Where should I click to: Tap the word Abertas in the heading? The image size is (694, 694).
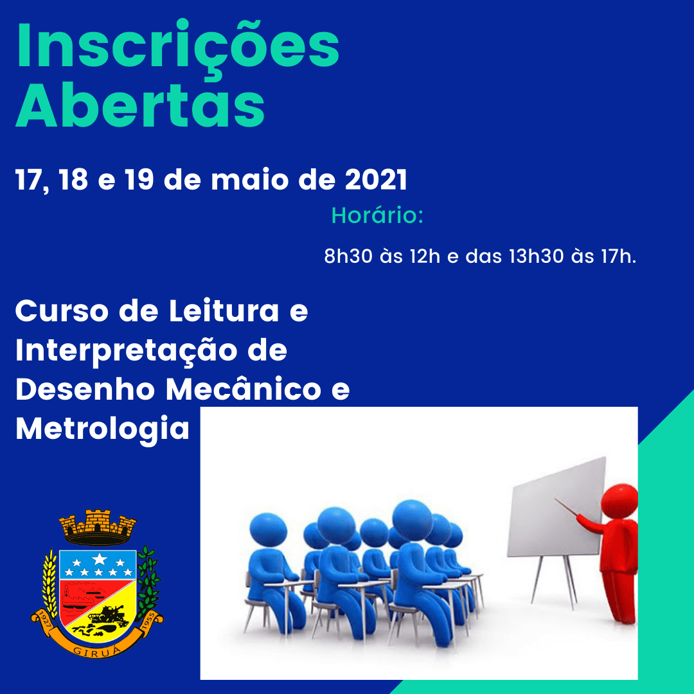click(x=140, y=105)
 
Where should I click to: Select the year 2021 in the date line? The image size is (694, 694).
click(x=376, y=180)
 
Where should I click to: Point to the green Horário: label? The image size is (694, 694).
click(x=377, y=215)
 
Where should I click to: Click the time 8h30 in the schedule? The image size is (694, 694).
click(x=348, y=256)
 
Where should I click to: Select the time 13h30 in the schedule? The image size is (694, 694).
click(x=536, y=256)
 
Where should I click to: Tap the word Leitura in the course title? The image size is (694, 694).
click(x=224, y=311)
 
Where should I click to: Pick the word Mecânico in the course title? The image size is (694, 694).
click(x=244, y=389)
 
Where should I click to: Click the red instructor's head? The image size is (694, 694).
click(x=620, y=501)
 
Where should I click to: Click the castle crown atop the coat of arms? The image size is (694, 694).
click(x=98, y=527)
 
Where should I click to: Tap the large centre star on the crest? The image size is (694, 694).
click(x=99, y=559)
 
